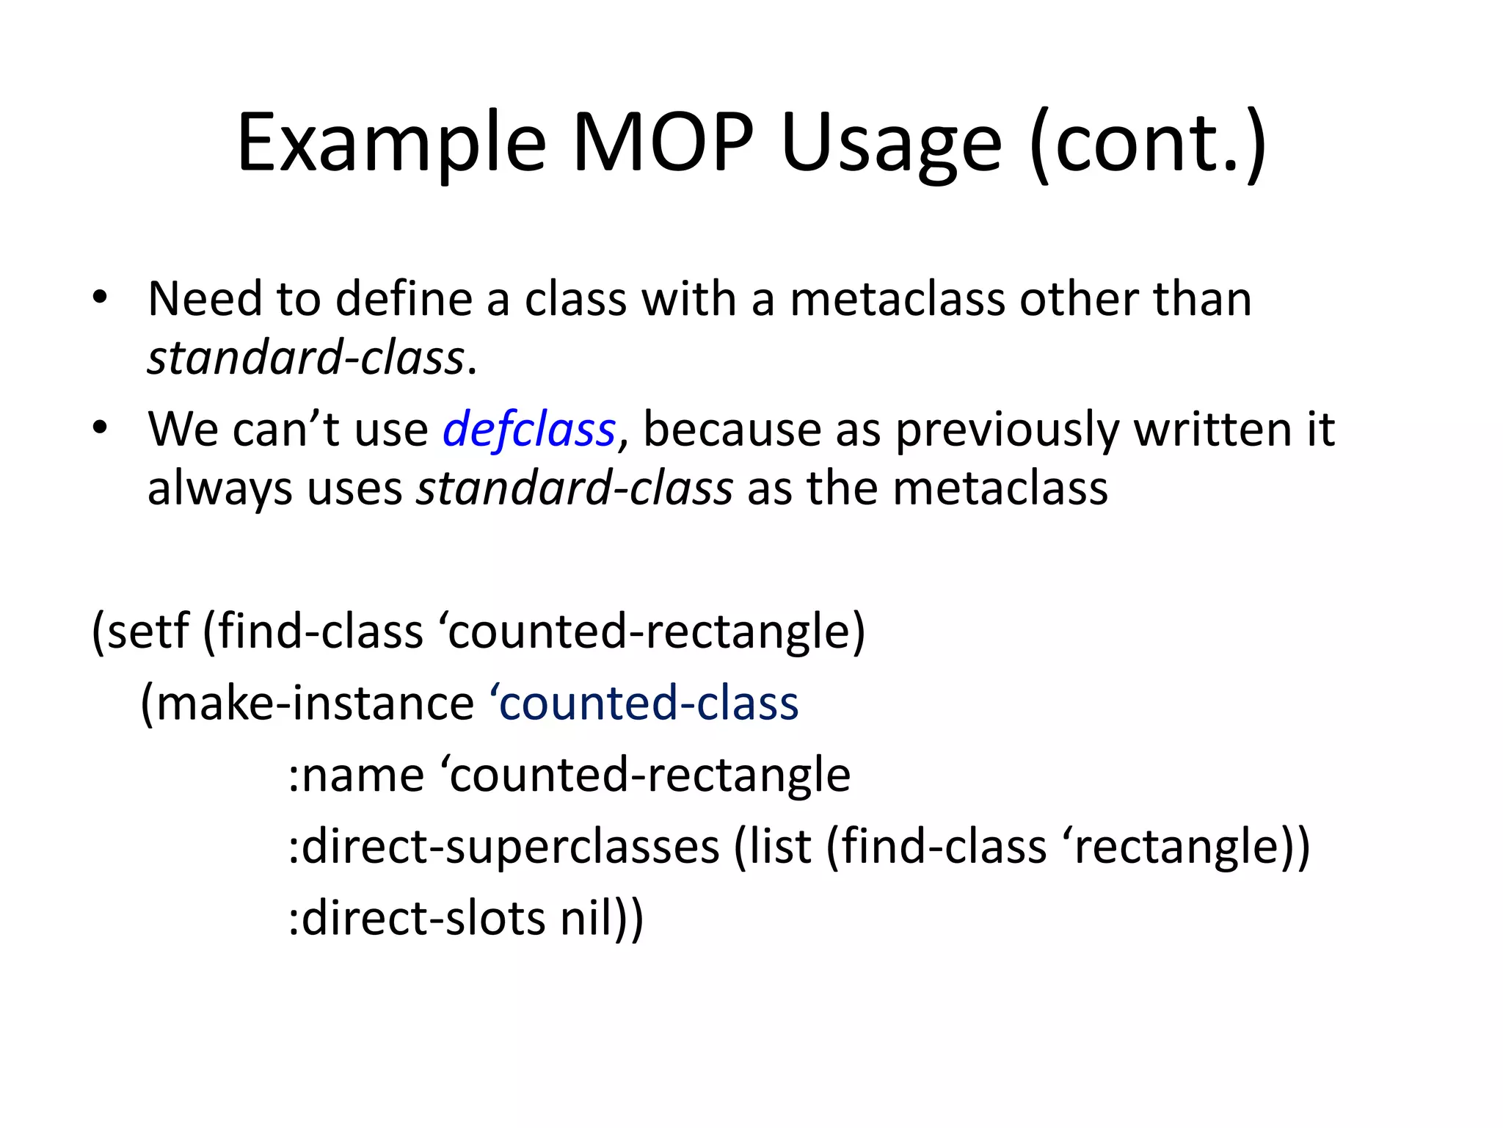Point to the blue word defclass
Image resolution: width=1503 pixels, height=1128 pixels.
(528, 430)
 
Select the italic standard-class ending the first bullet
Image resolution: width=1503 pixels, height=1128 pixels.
(306, 358)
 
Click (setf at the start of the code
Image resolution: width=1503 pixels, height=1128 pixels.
(140, 631)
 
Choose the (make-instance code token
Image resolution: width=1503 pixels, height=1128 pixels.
(307, 703)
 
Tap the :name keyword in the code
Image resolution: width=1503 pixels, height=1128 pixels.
(356, 775)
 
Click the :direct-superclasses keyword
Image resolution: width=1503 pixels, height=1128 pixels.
(503, 847)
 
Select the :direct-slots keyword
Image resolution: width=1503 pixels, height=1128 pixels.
(416, 919)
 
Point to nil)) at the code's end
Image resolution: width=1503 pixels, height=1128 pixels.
(602, 919)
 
